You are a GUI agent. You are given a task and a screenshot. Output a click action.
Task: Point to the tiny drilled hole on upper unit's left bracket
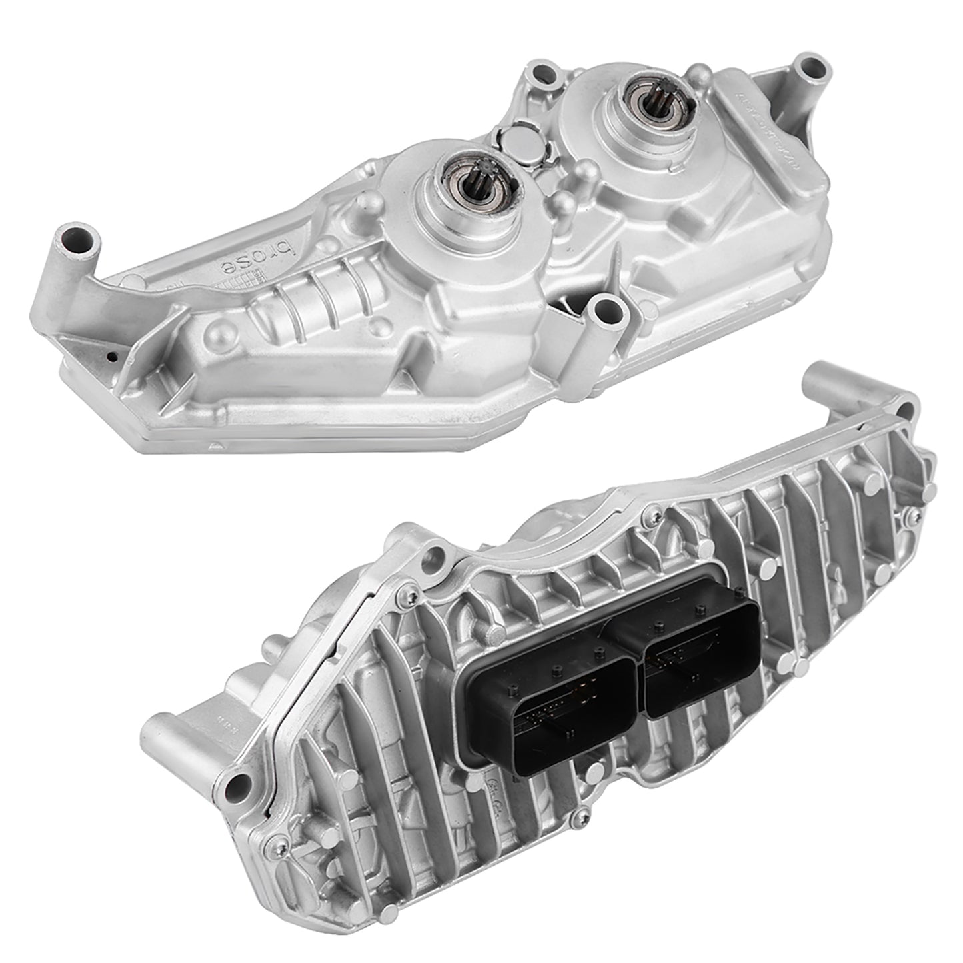coord(112,356)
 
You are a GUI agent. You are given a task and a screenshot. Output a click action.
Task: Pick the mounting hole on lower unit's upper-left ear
coord(437,554)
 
